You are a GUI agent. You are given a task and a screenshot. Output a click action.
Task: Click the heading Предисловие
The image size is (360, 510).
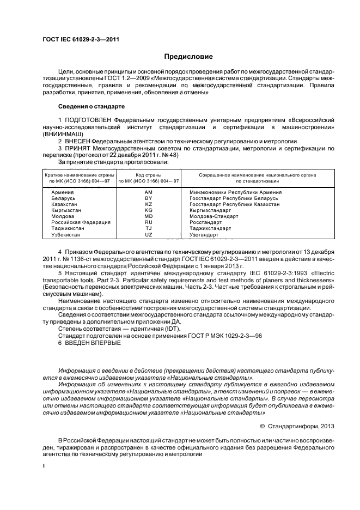click(185, 57)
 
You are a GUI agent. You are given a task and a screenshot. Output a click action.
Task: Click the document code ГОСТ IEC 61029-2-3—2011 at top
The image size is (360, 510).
click(81, 40)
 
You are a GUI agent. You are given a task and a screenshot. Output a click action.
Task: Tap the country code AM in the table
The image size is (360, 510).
click(149, 192)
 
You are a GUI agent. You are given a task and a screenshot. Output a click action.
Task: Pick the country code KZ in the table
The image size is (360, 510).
click(149, 204)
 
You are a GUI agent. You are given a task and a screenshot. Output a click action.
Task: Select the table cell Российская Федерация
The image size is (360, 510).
click(81, 222)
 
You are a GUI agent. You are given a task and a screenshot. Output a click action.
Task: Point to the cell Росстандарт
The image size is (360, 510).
click(205, 222)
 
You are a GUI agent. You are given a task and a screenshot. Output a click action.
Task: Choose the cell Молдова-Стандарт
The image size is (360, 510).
click(213, 216)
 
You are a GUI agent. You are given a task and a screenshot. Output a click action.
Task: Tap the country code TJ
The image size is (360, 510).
click(149, 228)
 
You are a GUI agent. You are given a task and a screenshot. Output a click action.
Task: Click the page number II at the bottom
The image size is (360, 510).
click(45, 466)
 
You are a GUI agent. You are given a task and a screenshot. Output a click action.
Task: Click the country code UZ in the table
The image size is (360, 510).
click(149, 234)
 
